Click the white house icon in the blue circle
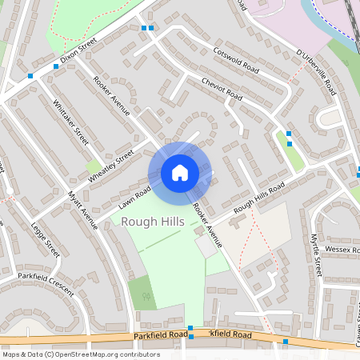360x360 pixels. [x=180, y=172]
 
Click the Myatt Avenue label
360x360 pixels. [x=82, y=210]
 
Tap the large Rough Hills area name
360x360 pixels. [x=153, y=222]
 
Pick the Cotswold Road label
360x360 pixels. [x=237, y=58]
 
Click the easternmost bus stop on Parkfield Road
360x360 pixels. [x=286, y=342]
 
